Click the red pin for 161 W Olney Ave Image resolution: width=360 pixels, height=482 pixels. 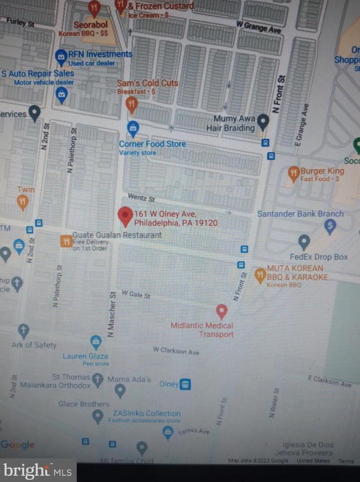coord(125,215)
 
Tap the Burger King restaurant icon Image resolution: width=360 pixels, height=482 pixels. coord(294,173)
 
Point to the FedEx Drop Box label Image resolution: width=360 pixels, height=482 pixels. coord(319,257)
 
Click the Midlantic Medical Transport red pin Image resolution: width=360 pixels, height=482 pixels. coord(221,310)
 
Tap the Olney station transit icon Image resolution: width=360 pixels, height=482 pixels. coord(185,384)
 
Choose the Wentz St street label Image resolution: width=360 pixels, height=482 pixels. coord(141,197)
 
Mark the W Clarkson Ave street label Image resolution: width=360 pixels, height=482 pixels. coord(176,350)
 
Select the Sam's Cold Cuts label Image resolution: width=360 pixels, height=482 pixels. coord(148,83)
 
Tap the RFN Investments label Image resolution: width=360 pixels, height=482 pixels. coord(100,54)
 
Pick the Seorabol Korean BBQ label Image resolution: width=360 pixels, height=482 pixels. coord(90,25)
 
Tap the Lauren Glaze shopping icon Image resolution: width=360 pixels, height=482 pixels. coord(96,342)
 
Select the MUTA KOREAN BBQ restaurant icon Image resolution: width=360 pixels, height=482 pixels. coord(260,274)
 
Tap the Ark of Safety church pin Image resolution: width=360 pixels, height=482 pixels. coord(23,331)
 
